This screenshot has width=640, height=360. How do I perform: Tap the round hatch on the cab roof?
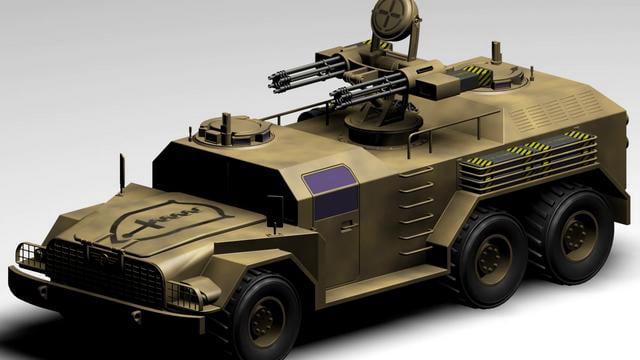(234, 128)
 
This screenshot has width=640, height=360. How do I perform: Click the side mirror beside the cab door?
(274, 209)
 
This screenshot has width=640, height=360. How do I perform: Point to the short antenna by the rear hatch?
(494, 50)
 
